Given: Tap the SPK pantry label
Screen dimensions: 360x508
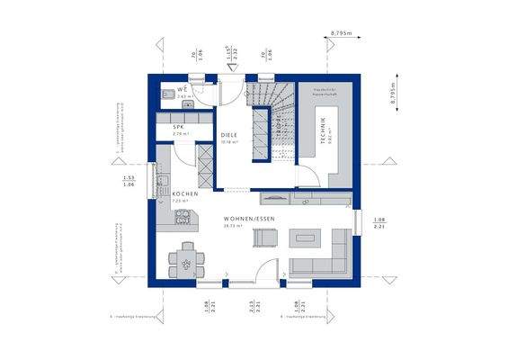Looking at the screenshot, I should click(179, 127).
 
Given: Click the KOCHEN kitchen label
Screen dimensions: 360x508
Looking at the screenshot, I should click(185, 193).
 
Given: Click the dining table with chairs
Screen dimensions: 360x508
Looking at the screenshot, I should click(185, 260).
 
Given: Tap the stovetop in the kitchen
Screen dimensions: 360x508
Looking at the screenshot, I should click(183, 216).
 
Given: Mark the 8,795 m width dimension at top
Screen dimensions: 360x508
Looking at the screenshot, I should click(341, 33).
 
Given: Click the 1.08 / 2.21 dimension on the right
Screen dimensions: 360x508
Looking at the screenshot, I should click(379, 224).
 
